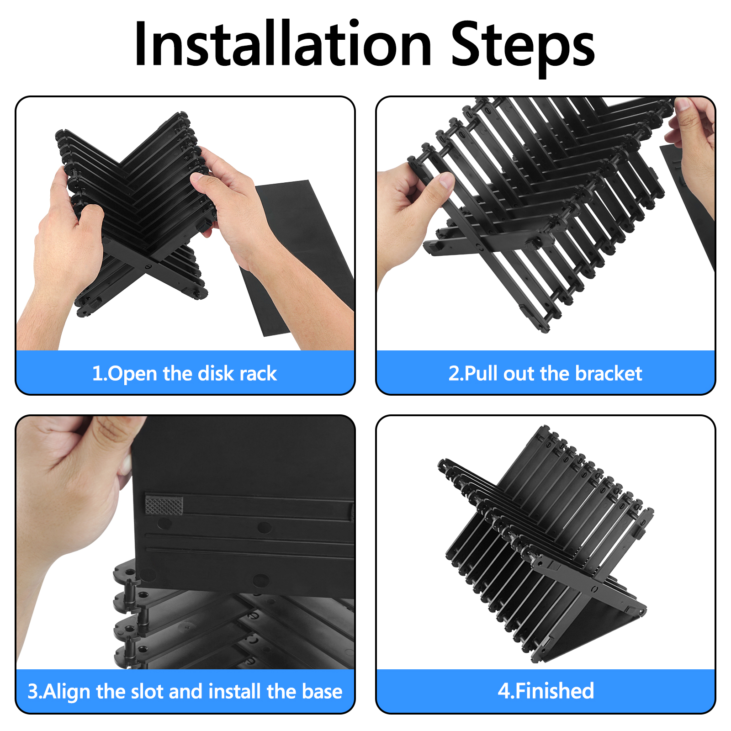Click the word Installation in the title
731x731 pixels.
[283, 45]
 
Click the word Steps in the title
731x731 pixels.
[523, 48]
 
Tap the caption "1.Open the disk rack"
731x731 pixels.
[185, 373]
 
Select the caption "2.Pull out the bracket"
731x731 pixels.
[546, 373]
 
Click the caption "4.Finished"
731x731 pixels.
[546, 691]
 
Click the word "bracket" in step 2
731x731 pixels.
[609, 373]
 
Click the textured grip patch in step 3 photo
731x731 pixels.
[164, 505]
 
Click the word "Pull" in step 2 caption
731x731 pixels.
[482, 373]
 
